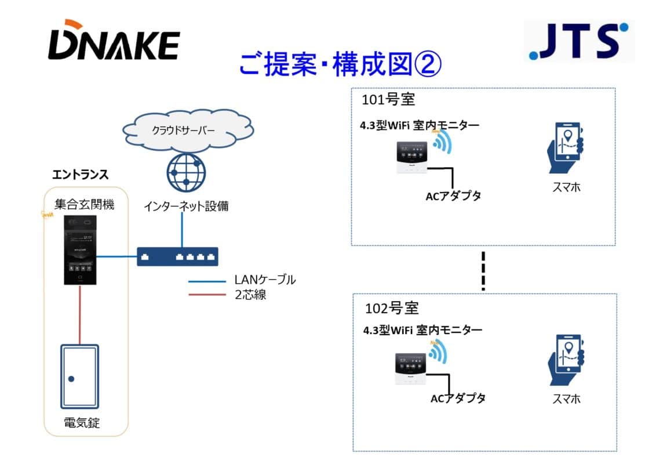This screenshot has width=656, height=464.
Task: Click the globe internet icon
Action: [185, 173]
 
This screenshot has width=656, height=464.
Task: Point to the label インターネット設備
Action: [186, 206]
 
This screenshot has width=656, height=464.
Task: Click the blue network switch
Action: [178, 256]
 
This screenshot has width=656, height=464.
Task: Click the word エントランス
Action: [81, 174]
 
